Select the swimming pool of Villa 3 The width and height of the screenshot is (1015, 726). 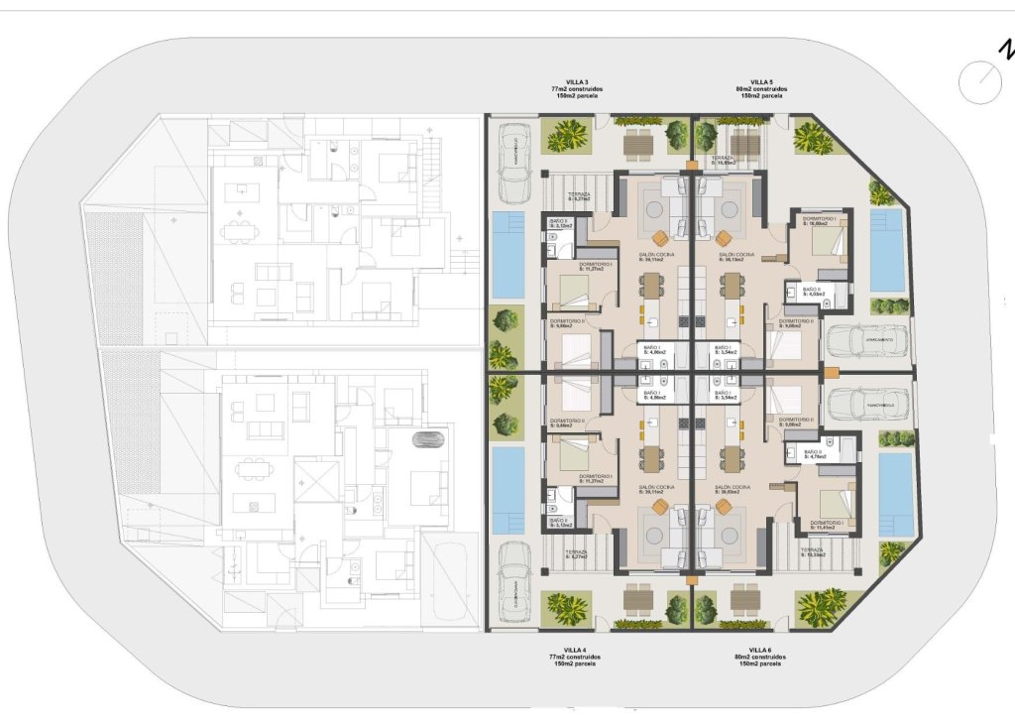coord(508,254)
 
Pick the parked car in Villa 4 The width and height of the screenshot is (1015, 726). coord(514,592)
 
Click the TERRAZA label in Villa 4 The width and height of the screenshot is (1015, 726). coord(578,552)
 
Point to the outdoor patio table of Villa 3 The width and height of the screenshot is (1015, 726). coord(639,144)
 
